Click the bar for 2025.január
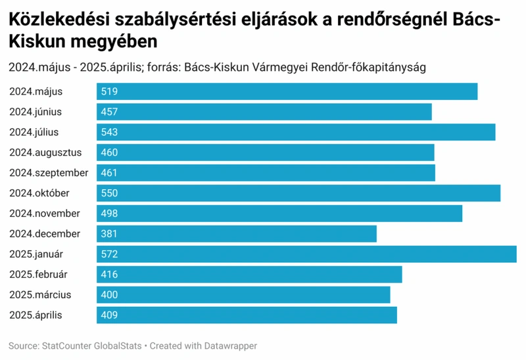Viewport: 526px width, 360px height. coord(306,254)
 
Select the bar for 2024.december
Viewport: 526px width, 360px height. coord(237,234)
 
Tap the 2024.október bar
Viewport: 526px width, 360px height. coord(299,193)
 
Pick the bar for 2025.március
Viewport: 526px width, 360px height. coord(243,295)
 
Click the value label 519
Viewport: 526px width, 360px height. coord(109,91)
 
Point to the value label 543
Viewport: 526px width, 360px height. coord(109,132)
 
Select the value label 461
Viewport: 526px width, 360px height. coord(109,173)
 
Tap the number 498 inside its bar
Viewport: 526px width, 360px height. coord(109,214)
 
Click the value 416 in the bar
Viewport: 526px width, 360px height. coord(109,275)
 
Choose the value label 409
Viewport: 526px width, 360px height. coord(109,315)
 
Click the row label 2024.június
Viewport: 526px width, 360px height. coord(36,112)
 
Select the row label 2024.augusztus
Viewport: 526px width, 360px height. coord(45,152)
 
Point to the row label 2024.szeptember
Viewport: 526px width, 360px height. coord(49,173)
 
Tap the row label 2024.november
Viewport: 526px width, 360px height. coord(45,214)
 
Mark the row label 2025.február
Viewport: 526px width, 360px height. coord(38,275)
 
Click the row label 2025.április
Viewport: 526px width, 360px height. coord(36,315)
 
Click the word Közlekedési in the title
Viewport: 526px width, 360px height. coord(59,20)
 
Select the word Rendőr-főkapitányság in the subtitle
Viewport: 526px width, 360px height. coord(368,68)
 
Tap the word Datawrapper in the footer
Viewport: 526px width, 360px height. coord(231,346)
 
